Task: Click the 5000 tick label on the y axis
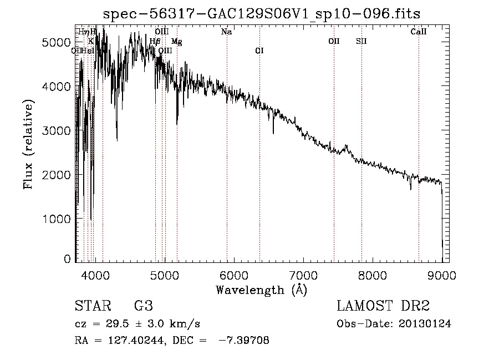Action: pyautogui.click(x=58, y=43)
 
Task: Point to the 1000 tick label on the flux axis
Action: pyautogui.click(x=58, y=219)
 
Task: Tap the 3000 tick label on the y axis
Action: pyautogui.click(x=58, y=130)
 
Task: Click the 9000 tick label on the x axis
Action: pyautogui.click(x=442, y=275)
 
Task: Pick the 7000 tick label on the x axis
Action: pyautogui.click(x=303, y=275)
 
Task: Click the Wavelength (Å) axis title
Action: pyautogui.click(x=261, y=290)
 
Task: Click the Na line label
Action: pyautogui.click(x=226, y=32)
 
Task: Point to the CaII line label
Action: pyautogui.click(x=419, y=32)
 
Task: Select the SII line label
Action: pyautogui.click(x=361, y=41)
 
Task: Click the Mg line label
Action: pyautogui.click(x=176, y=42)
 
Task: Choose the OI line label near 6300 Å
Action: pyautogui.click(x=259, y=51)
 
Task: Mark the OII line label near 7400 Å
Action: pyautogui.click(x=334, y=41)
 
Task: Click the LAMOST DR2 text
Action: pyautogui.click(x=383, y=307)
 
